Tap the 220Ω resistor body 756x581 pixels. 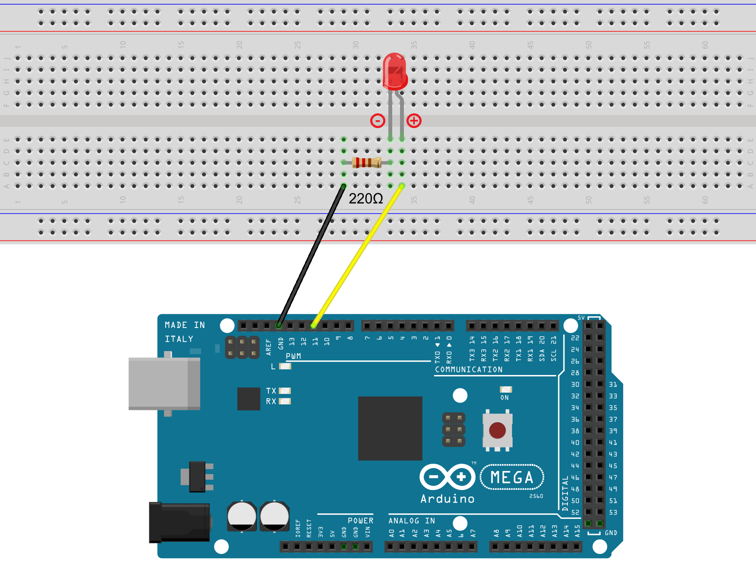coord(366,162)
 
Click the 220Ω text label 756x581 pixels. coord(365,199)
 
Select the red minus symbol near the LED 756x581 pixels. coord(378,121)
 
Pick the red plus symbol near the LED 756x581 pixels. coord(414,121)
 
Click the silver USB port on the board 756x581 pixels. coord(164,384)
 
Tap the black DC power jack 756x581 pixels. coord(179,522)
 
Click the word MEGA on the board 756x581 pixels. coord(512,478)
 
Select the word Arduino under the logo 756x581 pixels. coord(447,499)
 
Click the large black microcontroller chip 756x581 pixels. coord(390,428)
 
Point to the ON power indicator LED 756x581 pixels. coord(506,390)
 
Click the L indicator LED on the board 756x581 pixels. coord(285,366)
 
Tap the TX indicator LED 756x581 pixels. coord(285,391)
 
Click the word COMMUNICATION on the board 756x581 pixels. coord(469,370)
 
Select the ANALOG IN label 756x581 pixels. coord(412,521)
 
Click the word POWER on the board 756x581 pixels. coord(361,521)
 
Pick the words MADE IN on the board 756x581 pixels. coord(185,325)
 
